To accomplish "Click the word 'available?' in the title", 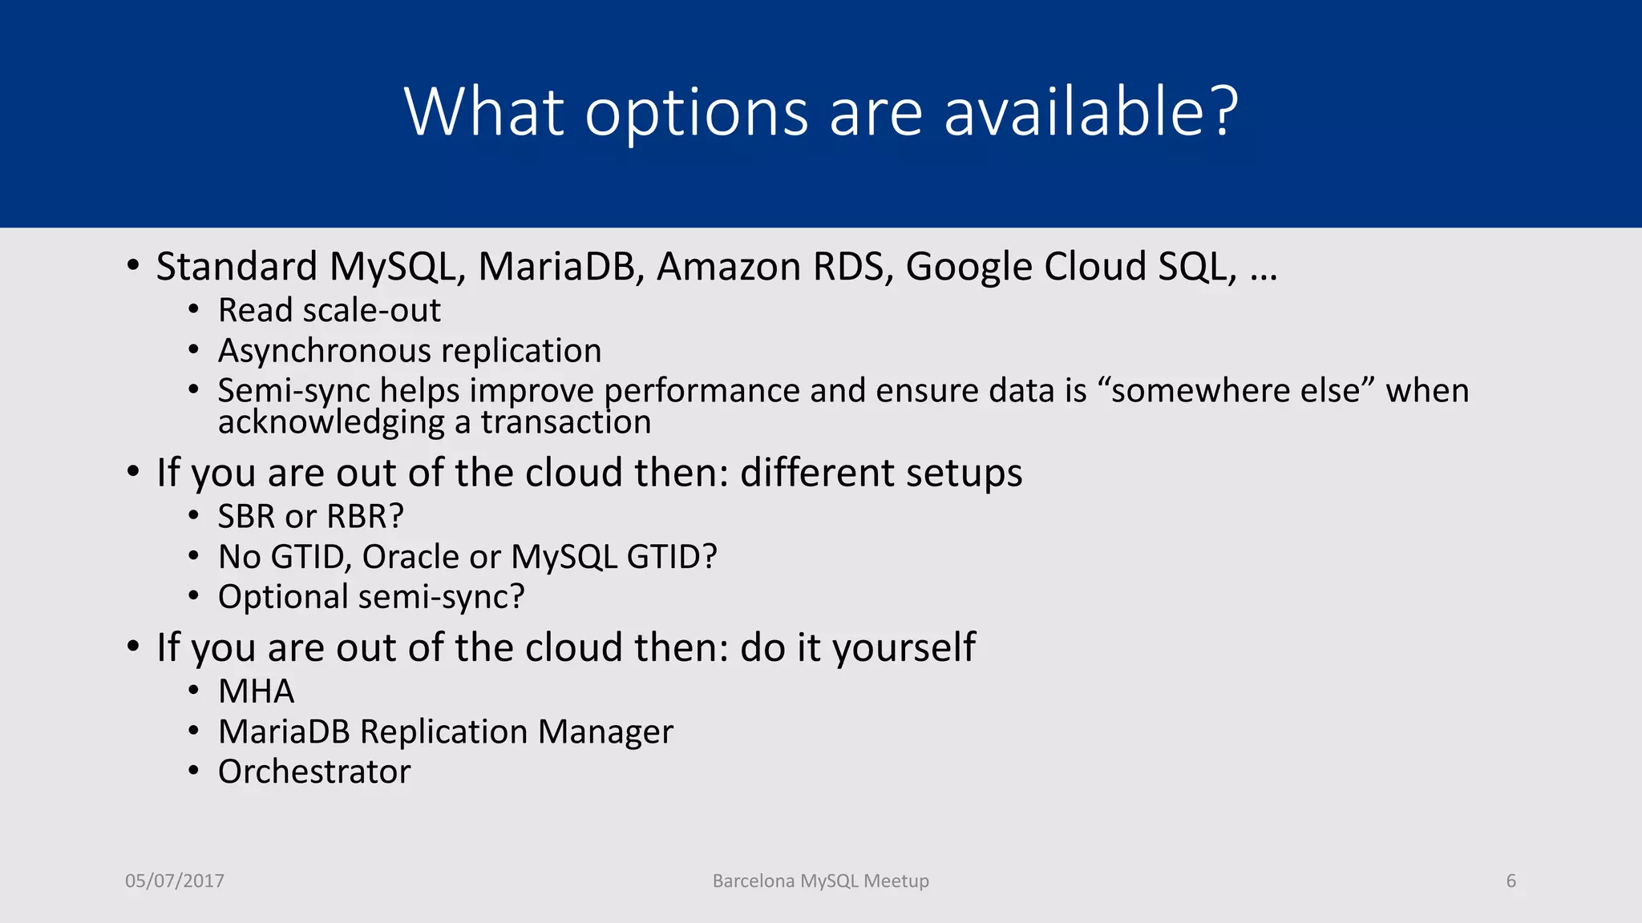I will [x=1091, y=112].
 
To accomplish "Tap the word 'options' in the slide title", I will [x=696, y=114].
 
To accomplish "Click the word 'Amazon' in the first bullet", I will [x=728, y=267].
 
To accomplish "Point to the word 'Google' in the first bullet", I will [x=969, y=267].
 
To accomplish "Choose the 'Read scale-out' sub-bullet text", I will [x=329, y=311].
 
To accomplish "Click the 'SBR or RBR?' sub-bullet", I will [x=310, y=517].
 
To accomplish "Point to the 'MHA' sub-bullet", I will [x=256, y=691].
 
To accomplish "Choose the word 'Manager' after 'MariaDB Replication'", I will [x=605, y=732].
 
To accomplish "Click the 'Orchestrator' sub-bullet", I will [x=314, y=772].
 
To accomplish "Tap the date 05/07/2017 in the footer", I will [x=175, y=881].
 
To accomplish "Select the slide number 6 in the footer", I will [x=1511, y=881].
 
